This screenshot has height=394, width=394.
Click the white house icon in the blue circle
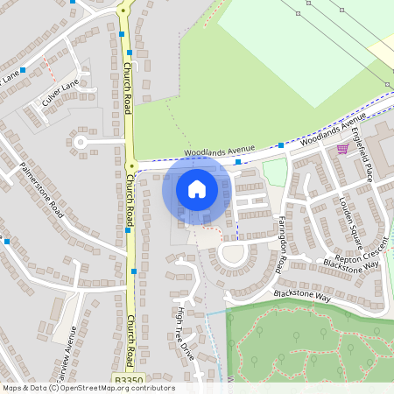(x=197, y=188)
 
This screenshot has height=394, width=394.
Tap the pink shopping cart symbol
(x=342, y=149)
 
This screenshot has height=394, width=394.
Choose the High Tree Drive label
(x=185, y=334)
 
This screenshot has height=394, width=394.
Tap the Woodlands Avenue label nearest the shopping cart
(x=332, y=129)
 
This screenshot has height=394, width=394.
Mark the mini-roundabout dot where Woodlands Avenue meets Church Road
(x=131, y=164)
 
